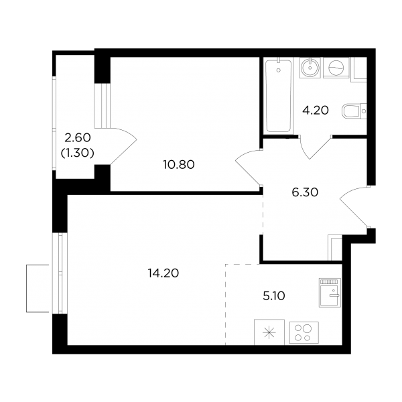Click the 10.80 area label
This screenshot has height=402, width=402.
[x=179, y=165]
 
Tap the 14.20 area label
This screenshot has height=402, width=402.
[x=163, y=273]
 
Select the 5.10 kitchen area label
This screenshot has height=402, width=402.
[x=274, y=296]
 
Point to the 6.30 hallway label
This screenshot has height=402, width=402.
[x=305, y=192]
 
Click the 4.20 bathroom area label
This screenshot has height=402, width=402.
[x=316, y=111]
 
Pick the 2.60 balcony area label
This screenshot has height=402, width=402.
[x=78, y=138]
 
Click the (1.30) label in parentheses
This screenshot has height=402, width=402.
[x=78, y=153]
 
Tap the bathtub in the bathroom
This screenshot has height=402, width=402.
[x=278, y=96]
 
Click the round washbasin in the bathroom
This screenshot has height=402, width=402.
[x=310, y=68]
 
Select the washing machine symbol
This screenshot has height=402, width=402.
[x=336, y=68]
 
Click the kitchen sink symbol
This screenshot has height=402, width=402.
[x=330, y=293]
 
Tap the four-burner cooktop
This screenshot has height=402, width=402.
[x=304, y=333]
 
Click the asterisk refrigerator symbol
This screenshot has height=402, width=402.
[x=269, y=332]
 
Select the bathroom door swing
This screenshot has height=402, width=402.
[x=315, y=147]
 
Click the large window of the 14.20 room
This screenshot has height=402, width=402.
[x=60, y=273]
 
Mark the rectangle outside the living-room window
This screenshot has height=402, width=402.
[x=38, y=288]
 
